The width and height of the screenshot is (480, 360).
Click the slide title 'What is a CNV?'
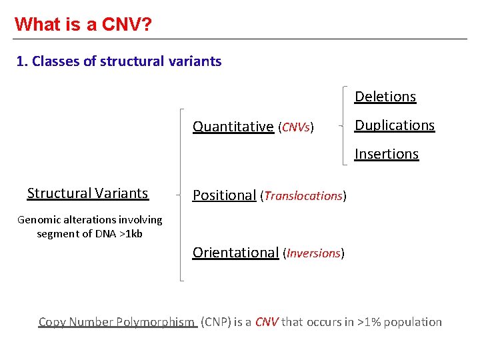point(83,25)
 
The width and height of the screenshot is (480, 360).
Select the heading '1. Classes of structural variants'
point(119,61)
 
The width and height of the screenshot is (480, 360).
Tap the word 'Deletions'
point(385,97)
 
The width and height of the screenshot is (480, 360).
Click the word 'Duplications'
point(394,125)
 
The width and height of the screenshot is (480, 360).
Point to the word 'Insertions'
point(386,154)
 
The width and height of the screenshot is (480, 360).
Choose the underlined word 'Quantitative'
point(233,127)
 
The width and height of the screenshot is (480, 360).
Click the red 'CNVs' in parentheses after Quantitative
point(296,127)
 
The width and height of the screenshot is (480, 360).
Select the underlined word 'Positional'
point(224,195)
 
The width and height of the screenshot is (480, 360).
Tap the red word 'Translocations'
point(303,196)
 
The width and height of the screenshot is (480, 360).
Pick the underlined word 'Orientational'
point(235,253)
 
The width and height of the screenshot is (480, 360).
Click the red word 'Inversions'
point(313,253)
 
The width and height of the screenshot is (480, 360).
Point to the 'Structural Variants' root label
point(87,193)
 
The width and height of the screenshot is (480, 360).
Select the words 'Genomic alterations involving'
point(89,219)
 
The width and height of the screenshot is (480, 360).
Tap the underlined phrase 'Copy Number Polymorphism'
point(117,322)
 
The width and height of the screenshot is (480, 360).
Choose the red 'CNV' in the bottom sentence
point(267,322)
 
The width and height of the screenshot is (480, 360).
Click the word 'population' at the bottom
point(415,322)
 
